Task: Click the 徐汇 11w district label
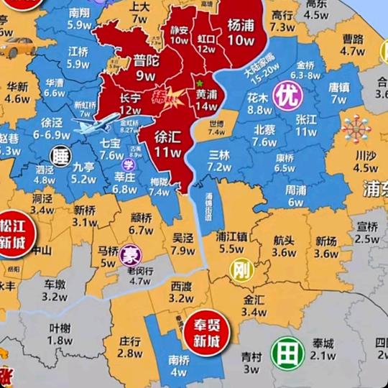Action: (166, 146)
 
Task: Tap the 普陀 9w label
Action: (146, 68)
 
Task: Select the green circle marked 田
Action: (285, 352)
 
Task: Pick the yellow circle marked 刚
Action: (240, 270)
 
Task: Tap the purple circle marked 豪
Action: (130, 254)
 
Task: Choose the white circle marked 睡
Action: (59, 154)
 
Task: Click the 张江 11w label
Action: (306, 126)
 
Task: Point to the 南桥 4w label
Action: (178, 366)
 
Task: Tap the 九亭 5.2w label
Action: (83, 173)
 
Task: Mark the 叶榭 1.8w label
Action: (60, 333)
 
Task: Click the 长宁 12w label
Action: (130, 104)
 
